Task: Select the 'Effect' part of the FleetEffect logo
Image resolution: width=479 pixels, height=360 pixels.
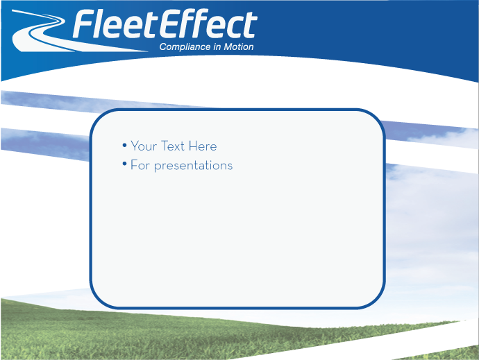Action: (x=208, y=26)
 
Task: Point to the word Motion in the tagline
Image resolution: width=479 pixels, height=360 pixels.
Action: (x=239, y=47)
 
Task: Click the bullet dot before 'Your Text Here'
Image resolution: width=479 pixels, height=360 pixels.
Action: (x=124, y=145)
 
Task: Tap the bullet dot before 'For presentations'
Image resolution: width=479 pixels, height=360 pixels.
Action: (x=124, y=164)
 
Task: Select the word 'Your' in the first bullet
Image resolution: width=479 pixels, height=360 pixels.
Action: (x=144, y=146)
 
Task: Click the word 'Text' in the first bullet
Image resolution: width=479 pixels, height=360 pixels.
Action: (x=173, y=146)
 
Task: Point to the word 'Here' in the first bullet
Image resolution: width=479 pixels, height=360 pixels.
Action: (x=202, y=146)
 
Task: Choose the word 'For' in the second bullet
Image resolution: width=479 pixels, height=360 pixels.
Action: (x=140, y=165)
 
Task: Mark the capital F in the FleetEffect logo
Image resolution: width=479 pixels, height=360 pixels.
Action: (x=85, y=26)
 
